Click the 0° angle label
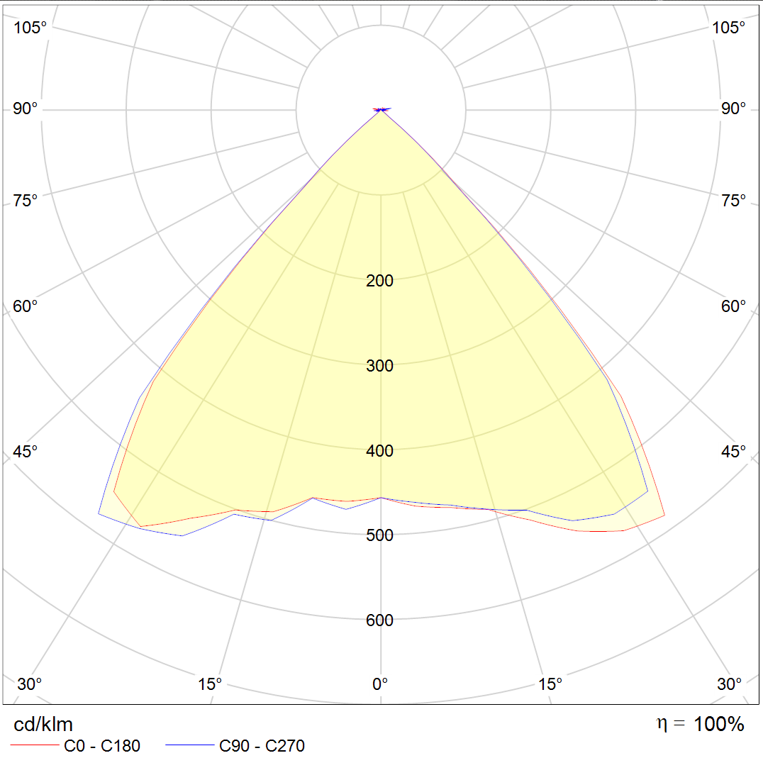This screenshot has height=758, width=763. [380, 684]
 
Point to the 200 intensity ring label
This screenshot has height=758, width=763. [379, 281]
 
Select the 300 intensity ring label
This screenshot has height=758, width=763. [379, 366]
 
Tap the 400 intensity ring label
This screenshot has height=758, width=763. [379, 451]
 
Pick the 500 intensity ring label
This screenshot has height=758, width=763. [379, 535]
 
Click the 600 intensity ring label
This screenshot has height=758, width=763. [379, 621]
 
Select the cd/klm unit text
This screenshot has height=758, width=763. [43, 725]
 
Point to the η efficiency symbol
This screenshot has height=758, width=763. [662, 724]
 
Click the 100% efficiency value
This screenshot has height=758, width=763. [718, 725]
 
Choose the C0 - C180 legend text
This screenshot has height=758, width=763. [102, 746]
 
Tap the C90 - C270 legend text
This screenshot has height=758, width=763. [262, 746]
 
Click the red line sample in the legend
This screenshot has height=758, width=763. [34, 746]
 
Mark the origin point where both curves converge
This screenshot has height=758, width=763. [381, 110]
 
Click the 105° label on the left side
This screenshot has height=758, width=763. [30, 28]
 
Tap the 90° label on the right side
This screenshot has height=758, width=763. [734, 108]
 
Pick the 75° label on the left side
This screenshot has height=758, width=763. [26, 201]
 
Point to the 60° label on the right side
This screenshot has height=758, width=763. [734, 306]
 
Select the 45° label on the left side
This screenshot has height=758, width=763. [26, 452]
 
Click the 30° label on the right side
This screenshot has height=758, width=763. [730, 684]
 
